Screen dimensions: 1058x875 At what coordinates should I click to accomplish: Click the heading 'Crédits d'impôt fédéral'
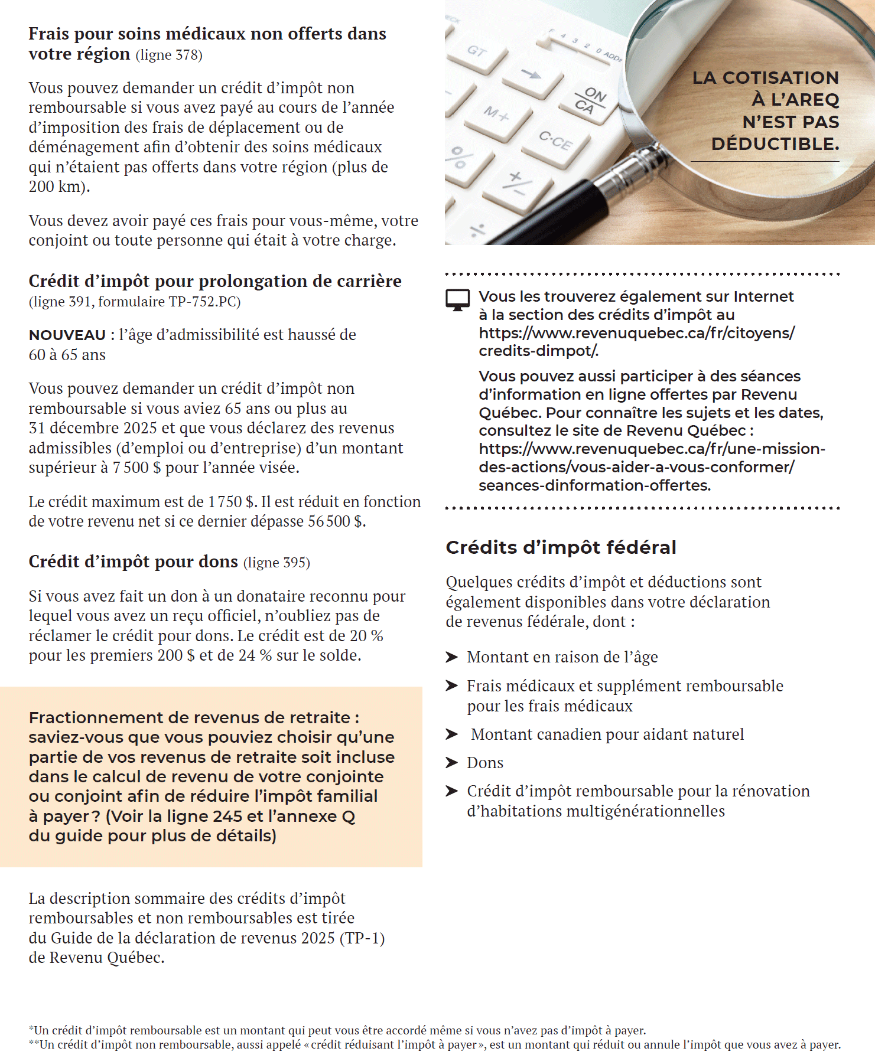point(561,547)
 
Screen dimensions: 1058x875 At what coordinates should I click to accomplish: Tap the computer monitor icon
point(457,299)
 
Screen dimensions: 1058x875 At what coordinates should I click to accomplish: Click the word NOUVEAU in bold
point(67,335)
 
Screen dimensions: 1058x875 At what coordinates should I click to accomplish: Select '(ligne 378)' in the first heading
point(169,55)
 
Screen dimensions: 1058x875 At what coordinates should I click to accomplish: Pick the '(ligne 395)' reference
point(277,562)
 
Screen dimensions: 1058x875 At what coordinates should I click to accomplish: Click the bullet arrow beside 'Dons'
point(452,763)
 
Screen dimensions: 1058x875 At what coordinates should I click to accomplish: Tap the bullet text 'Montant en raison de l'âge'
point(562,657)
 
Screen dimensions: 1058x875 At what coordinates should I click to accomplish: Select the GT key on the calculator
point(477,52)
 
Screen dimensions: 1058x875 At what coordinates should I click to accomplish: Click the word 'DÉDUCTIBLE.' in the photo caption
point(775,144)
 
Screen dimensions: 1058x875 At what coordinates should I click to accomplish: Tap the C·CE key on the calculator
point(555,141)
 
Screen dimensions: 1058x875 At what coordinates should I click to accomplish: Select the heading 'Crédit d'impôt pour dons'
point(133,561)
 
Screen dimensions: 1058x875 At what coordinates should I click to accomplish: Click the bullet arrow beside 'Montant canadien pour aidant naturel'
point(452,734)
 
